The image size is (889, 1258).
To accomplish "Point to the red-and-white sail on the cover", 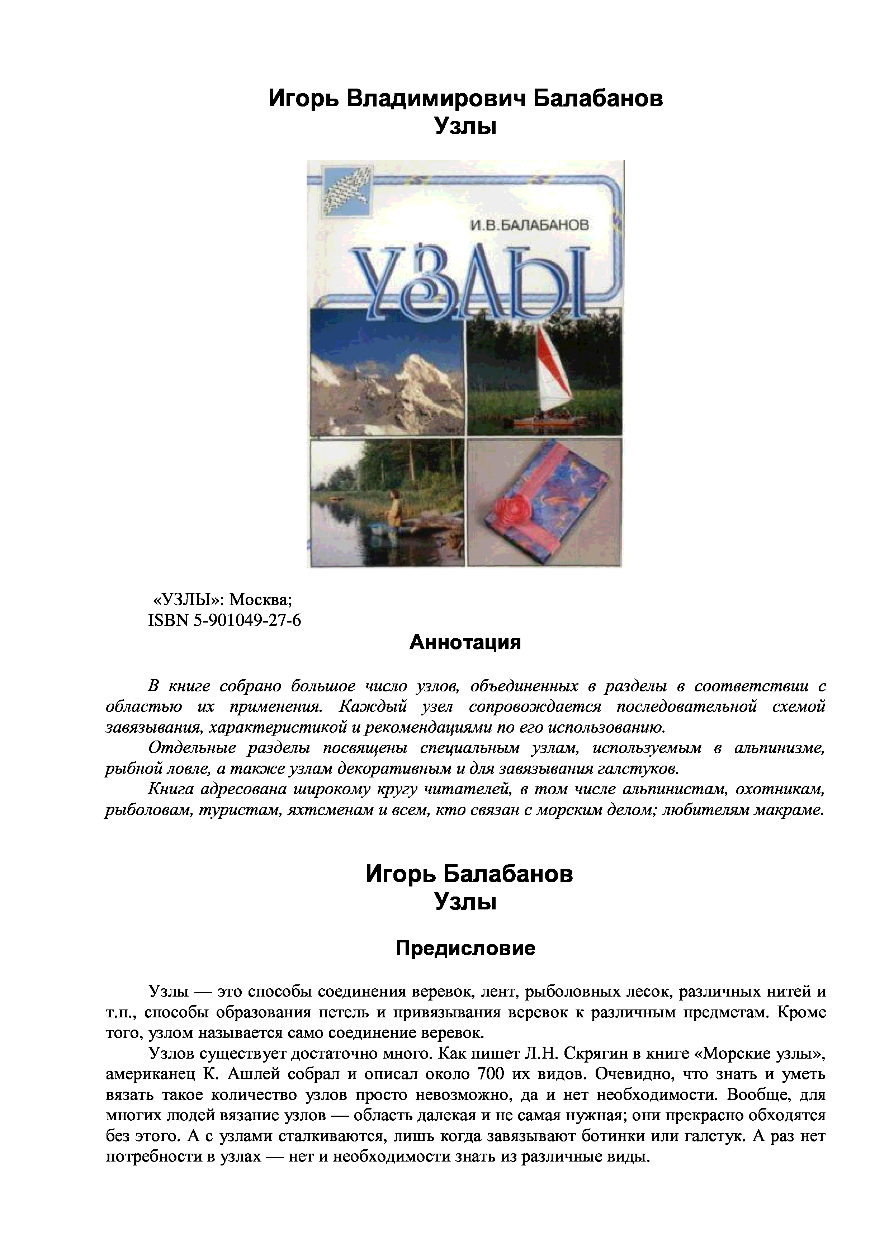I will coord(553,373).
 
